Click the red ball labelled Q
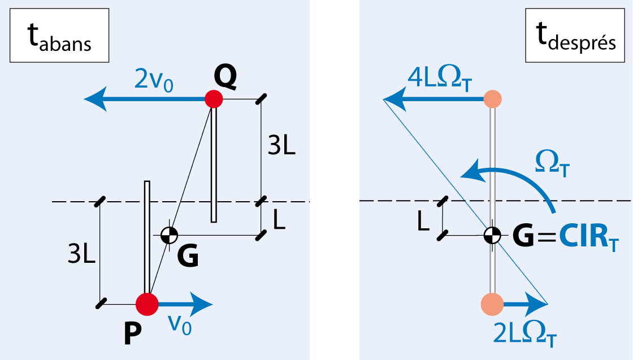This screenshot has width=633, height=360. (x=214, y=99)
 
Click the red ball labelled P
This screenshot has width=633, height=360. (x=147, y=304)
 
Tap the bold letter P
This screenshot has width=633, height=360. (x=132, y=335)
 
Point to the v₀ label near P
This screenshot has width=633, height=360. (x=180, y=326)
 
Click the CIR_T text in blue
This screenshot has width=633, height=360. (x=589, y=237)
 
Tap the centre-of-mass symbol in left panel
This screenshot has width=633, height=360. (x=169, y=235)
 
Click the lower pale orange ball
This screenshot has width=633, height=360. (x=491, y=304)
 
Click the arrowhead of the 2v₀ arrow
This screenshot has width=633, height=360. (x=95, y=99)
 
